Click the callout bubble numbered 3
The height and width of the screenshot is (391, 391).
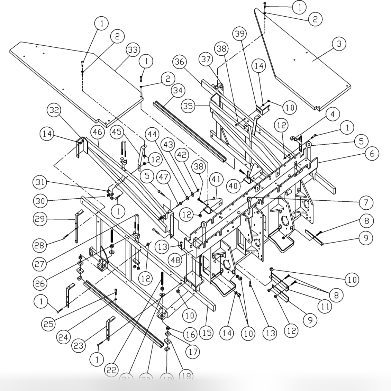pos(339,44)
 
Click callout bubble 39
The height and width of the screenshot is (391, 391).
pos(240,34)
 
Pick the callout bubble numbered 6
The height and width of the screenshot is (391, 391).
pos(372,153)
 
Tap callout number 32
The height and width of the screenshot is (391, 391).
pos(54,111)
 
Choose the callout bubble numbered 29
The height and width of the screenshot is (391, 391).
pos(41,219)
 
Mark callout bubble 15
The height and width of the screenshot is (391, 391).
pos(206,333)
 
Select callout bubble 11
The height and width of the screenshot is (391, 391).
pos(324,306)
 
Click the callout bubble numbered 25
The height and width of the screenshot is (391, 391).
pos(51,324)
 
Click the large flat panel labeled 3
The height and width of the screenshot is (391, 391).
pos(304,69)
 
